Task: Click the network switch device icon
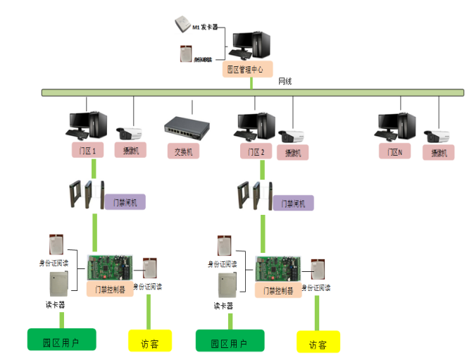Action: pyautogui.click(x=187, y=126)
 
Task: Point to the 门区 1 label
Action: pyautogui.click(x=88, y=151)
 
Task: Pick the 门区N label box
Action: pyautogui.click(x=394, y=151)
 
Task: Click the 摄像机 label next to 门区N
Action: pyautogui.click(x=439, y=152)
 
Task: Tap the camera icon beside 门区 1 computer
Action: pyautogui.click(x=130, y=132)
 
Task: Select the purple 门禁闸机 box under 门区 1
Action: pyautogui.click(x=125, y=202)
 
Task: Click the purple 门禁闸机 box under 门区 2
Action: pyautogui.click(x=292, y=203)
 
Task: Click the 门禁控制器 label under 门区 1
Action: pyautogui.click(x=110, y=289)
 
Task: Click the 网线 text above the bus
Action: pyautogui.click(x=285, y=82)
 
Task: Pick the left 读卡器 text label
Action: pyautogui.click(x=56, y=305)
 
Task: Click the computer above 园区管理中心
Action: pyautogui.click(x=249, y=45)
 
